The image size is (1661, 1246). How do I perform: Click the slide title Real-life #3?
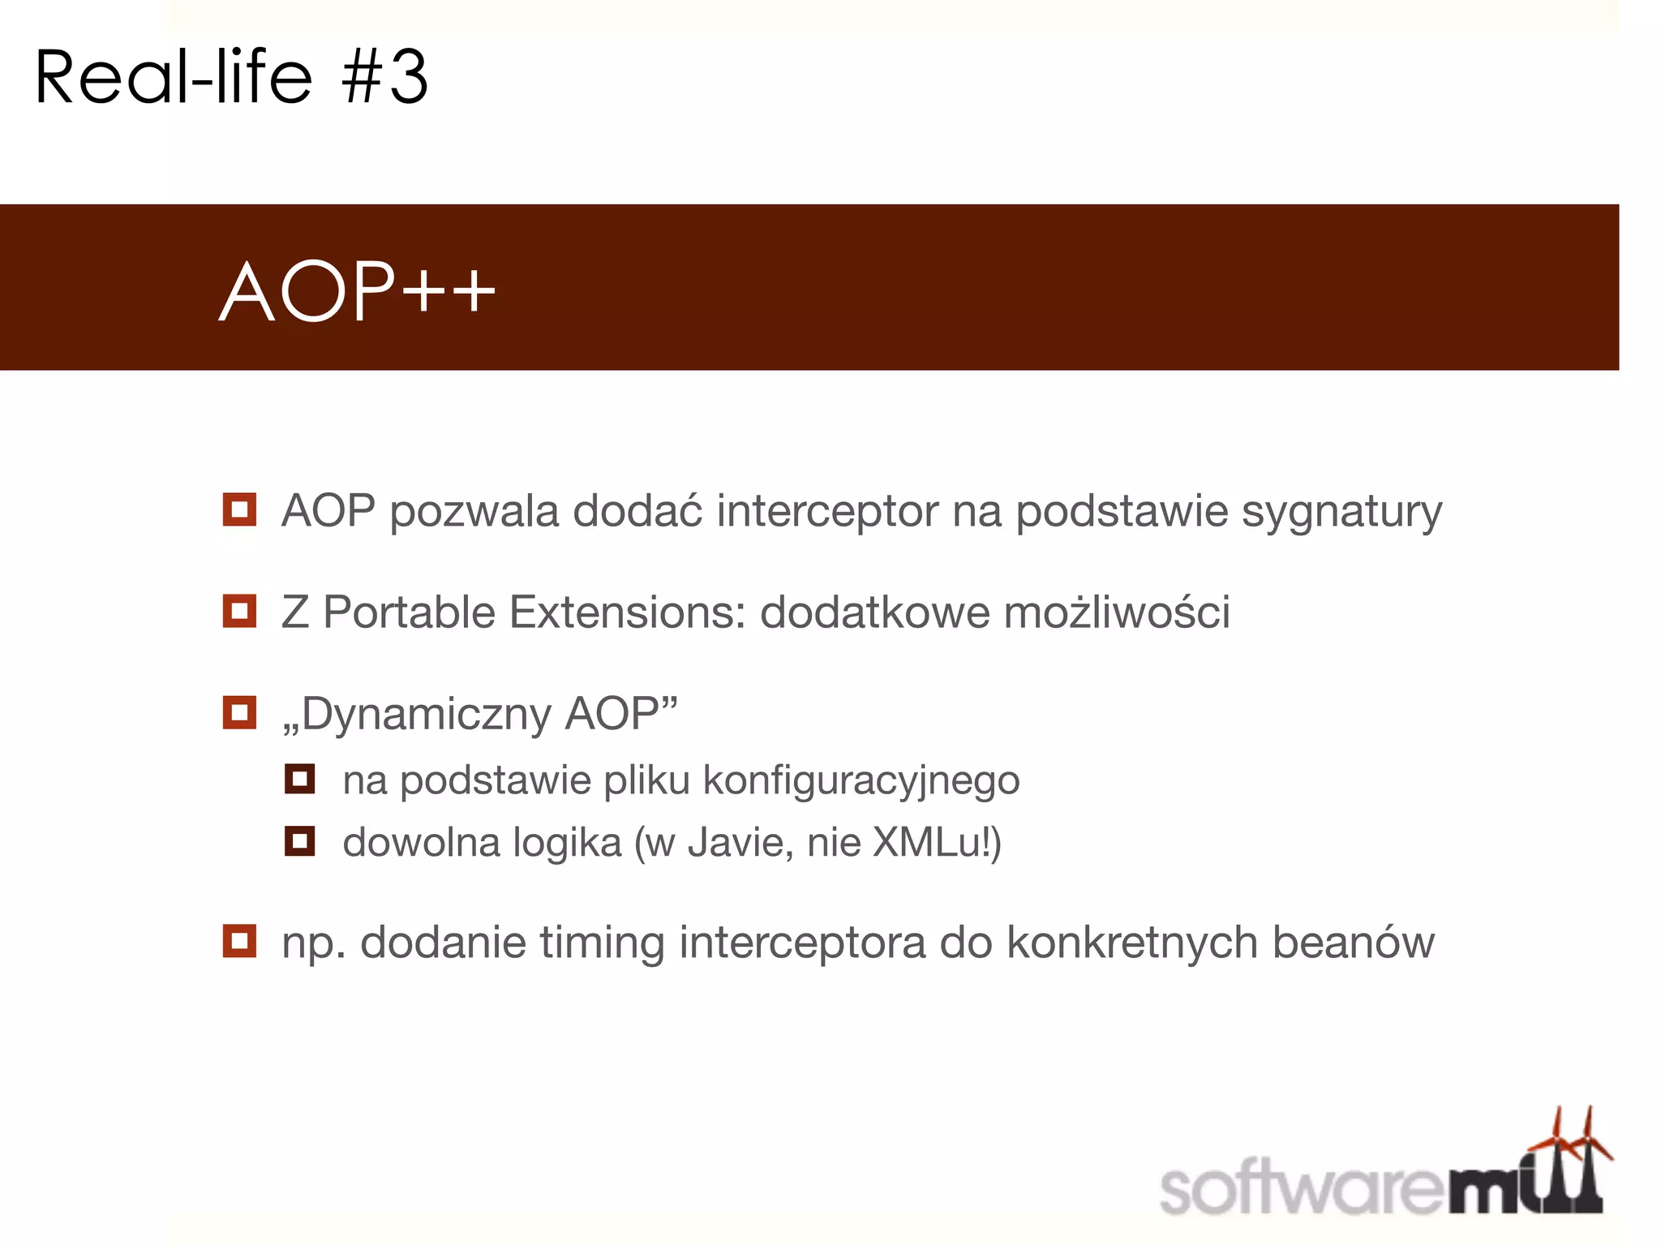pos(231,77)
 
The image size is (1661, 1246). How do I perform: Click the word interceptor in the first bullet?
pos(827,511)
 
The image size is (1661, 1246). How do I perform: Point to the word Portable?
pos(409,612)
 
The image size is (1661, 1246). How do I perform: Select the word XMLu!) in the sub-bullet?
pos(937,842)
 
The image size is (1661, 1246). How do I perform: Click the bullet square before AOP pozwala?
pos(239,509)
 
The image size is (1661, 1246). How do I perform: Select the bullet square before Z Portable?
pos(239,611)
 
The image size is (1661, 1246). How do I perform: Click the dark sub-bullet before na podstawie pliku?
pos(299,779)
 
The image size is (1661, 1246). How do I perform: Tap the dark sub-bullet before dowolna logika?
pos(299,840)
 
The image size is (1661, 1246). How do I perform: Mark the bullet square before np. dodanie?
pos(239,941)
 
